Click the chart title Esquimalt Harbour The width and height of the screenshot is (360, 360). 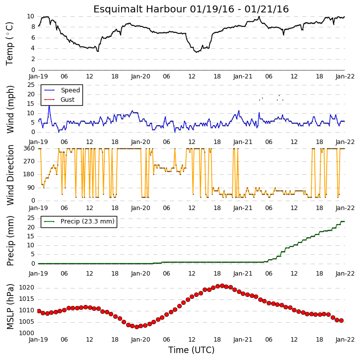(x=140, y=9)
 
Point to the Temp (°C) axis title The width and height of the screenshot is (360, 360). (x=9, y=44)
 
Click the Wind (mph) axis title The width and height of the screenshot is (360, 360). (x=10, y=109)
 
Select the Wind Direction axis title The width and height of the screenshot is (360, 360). (x=10, y=175)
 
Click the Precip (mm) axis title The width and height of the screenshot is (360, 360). (x=10, y=241)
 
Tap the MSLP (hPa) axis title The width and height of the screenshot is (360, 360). (x=10, y=306)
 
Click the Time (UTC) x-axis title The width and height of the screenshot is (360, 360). (x=191, y=350)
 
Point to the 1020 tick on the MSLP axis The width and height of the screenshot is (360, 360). (x=26, y=288)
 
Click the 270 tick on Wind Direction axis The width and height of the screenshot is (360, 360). (x=29, y=161)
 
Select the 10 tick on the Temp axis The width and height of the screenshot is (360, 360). (x=30, y=16)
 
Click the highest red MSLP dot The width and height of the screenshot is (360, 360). (x=222, y=286)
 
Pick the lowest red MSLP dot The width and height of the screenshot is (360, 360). (x=137, y=327)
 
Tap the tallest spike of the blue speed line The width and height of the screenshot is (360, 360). (x=49, y=106)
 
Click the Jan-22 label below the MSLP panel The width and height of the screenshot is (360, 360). (x=345, y=339)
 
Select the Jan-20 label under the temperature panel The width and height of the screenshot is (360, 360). (x=141, y=76)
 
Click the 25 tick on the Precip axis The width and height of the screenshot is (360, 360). (x=31, y=218)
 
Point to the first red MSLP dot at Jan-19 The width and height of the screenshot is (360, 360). (x=39, y=311)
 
